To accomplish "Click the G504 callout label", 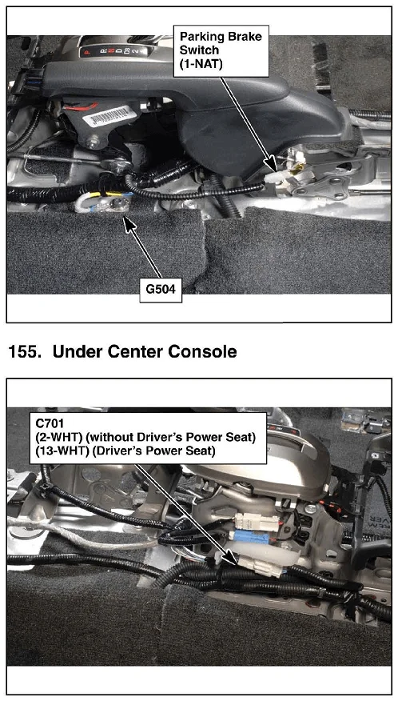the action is pos(161,289).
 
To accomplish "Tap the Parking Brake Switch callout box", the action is pos(221,50).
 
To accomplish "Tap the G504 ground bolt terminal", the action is pos(117,205).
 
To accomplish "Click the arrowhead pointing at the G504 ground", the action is pos(129,223).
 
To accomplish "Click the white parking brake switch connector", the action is pos(273,178).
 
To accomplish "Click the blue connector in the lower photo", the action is pos(251,537).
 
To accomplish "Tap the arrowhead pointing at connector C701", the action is pos(233,556).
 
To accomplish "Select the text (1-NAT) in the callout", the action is pos(201,63).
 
